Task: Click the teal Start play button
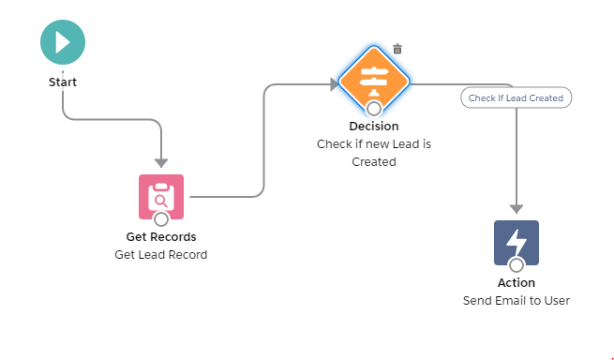click(x=63, y=42)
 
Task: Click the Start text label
click(x=63, y=82)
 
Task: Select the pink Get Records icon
click(x=161, y=196)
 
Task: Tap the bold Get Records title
click(x=161, y=236)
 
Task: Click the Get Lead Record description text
click(x=161, y=254)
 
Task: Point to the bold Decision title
click(x=374, y=126)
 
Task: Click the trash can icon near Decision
click(x=397, y=49)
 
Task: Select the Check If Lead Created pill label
click(x=516, y=97)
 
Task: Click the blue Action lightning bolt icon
click(x=517, y=242)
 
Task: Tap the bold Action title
click(x=517, y=282)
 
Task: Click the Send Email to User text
click(x=517, y=301)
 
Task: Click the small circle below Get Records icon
click(x=161, y=219)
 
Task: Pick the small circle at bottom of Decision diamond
click(x=374, y=108)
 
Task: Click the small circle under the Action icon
click(x=517, y=265)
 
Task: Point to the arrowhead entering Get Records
click(x=161, y=161)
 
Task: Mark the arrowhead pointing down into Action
click(x=517, y=208)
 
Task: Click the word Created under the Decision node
click(x=374, y=161)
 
